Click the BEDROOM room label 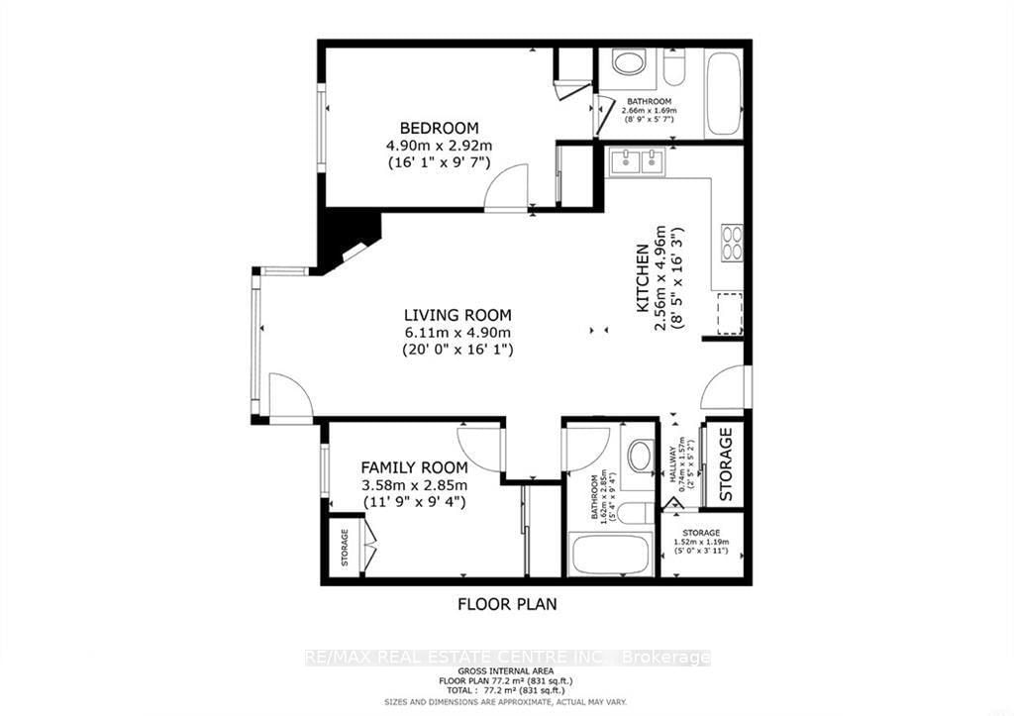click(439, 128)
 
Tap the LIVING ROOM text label click(457, 315)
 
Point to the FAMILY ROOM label click(413, 467)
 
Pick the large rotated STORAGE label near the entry click(725, 462)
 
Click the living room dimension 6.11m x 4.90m click(457, 332)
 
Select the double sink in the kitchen click(638, 161)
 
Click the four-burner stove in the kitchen click(732, 243)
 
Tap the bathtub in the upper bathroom click(723, 93)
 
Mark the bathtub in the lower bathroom click(610, 554)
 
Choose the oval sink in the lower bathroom click(640, 457)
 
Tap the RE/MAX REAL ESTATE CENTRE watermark click(507, 658)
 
